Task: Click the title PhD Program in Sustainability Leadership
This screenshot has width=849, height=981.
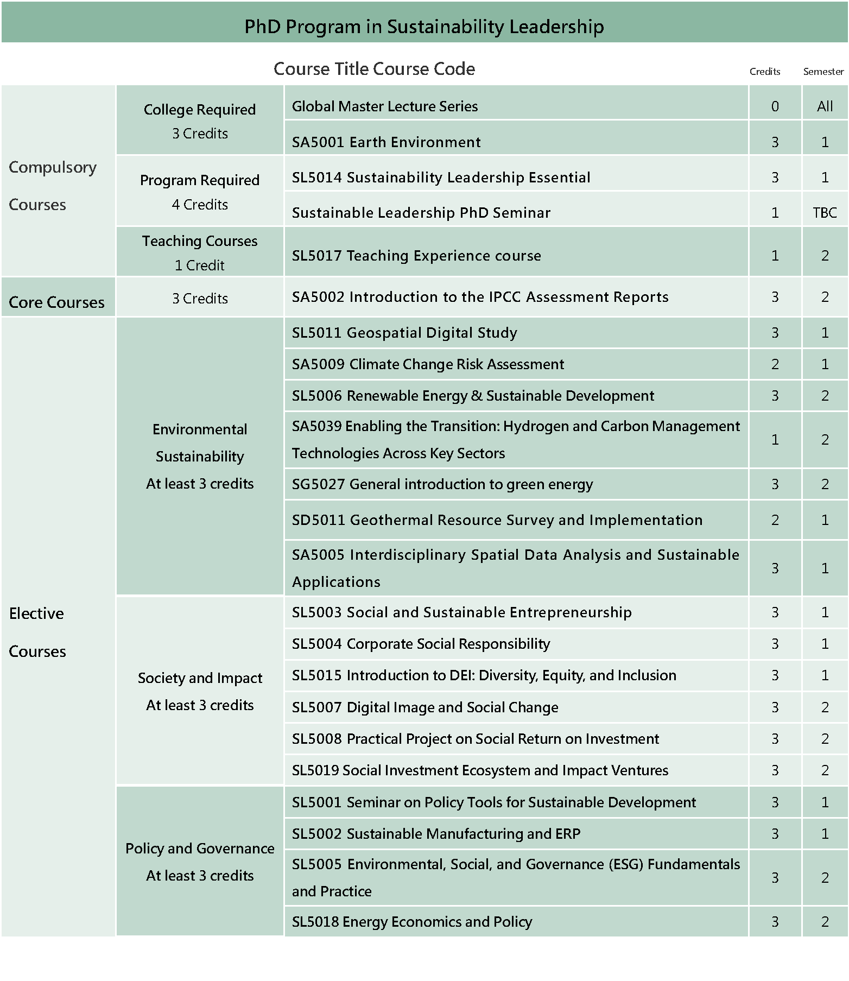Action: pyautogui.click(x=424, y=27)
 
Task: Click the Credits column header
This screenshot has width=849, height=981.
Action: pyautogui.click(x=764, y=72)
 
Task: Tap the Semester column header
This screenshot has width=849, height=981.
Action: pyautogui.click(x=823, y=72)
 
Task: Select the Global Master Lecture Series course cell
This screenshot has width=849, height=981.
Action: pyautogui.click(x=385, y=106)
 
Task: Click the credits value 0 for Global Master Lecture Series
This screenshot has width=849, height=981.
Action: pyautogui.click(x=775, y=106)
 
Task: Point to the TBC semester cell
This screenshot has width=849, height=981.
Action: pyautogui.click(x=825, y=213)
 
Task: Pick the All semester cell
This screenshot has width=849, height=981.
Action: pyautogui.click(x=825, y=106)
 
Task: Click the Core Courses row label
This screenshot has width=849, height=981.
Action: pyautogui.click(x=57, y=302)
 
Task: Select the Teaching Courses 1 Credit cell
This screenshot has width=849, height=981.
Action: pyautogui.click(x=200, y=253)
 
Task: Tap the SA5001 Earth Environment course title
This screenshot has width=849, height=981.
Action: pyautogui.click(x=386, y=142)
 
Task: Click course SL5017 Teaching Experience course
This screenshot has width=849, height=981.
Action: pyautogui.click(x=416, y=256)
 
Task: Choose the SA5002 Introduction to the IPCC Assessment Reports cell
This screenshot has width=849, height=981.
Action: pyautogui.click(x=480, y=297)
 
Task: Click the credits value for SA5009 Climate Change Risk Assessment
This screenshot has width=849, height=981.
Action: pyautogui.click(x=775, y=364)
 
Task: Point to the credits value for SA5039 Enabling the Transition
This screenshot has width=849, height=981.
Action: pyautogui.click(x=775, y=440)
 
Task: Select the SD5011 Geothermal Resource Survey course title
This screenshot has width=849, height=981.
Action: pyautogui.click(x=497, y=520)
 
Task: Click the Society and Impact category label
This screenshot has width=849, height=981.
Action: pyautogui.click(x=200, y=678)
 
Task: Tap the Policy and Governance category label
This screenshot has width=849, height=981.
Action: pyautogui.click(x=200, y=849)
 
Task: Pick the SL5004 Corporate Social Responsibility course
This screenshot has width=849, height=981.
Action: pyautogui.click(x=421, y=644)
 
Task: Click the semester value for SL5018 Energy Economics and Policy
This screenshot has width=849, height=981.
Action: pyautogui.click(x=825, y=922)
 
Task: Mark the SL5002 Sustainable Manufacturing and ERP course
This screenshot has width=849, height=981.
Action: pyautogui.click(x=436, y=834)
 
